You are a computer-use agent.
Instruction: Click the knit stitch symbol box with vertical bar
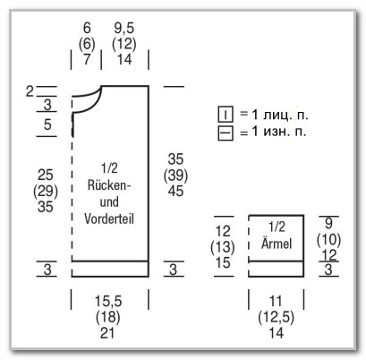[x=226, y=115]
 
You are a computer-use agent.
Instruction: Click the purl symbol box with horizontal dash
[x=226, y=133]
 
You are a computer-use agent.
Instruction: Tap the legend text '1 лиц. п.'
[x=279, y=115]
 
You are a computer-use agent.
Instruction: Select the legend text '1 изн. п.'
[x=279, y=132]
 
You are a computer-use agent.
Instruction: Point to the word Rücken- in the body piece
[x=109, y=185]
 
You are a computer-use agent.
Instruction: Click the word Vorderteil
[x=109, y=219]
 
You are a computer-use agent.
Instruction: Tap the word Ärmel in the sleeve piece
[x=277, y=244]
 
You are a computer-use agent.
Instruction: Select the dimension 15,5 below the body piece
[x=108, y=301]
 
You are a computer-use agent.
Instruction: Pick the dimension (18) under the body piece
[x=108, y=317]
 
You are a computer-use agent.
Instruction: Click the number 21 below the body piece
[x=107, y=333]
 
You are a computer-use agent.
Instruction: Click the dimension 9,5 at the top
[x=124, y=29]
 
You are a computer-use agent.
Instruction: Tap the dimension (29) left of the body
[x=46, y=191]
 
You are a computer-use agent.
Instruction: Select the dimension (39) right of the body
[x=175, y=176]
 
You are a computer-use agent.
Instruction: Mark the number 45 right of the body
[x=175, y=191]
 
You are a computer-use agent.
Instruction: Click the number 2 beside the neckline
[x=30, y=91]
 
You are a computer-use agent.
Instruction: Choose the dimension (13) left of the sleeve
[x=223, y=247]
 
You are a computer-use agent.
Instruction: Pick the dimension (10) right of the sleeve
[x=328, y=239]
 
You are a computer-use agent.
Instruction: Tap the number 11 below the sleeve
[x=276, y=301]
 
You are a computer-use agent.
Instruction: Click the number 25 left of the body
[x=46, y=175]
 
